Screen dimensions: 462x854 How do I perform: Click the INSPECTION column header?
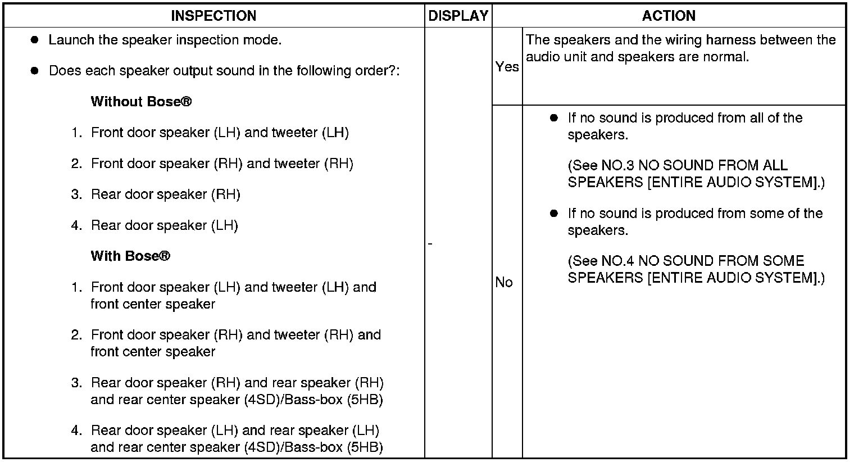(x=213, y=16)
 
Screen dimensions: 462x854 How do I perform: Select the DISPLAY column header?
(x=458, y=16)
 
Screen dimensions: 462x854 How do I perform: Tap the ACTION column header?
(x=669, y=16)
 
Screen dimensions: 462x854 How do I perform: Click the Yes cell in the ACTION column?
(x=507, y=67)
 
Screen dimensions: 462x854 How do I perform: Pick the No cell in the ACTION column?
(x=504, y=283)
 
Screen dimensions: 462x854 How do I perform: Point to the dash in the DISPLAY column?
(x=430, y=243)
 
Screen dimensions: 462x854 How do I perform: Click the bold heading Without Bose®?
(x=141, y=102)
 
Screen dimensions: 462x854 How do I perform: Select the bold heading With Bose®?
(x=130, y=256)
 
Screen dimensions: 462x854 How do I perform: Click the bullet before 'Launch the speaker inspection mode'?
(x=35, y=40)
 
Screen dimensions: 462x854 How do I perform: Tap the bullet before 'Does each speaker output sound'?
(x=35, y=71)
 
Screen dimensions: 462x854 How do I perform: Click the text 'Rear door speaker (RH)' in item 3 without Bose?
(x=165, y=194)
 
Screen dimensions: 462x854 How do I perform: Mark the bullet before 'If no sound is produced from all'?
(x=554, y=118)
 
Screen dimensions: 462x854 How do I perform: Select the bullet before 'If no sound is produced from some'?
(x=554, y=214)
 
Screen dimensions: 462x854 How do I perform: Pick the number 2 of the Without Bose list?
(x=76, y=164)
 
